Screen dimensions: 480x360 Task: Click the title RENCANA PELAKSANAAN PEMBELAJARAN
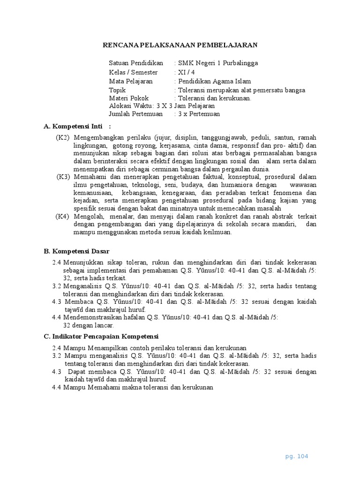[x=180, y=45]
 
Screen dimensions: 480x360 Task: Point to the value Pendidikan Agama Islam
[x=214, y=81]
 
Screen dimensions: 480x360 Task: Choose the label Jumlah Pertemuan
[x=135, y=113]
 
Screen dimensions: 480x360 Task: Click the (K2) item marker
[x=62, y=137]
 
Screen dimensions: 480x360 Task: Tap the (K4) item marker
[x=62, y=216]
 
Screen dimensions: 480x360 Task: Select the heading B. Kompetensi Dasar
[x=76, y=251]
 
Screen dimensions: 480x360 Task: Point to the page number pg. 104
[x=297, y=456]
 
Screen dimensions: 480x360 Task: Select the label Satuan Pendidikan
[x=136, y=63]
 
